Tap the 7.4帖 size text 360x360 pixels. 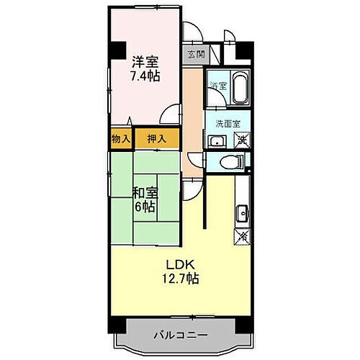[x=145, y=75]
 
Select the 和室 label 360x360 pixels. [x=144, y=192]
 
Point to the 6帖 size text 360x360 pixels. [x=144, y=206]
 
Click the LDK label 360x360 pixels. [x=180, y=263]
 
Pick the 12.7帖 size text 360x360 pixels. [x=180, y=277]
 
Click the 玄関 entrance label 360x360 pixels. [x=196, y=54]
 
